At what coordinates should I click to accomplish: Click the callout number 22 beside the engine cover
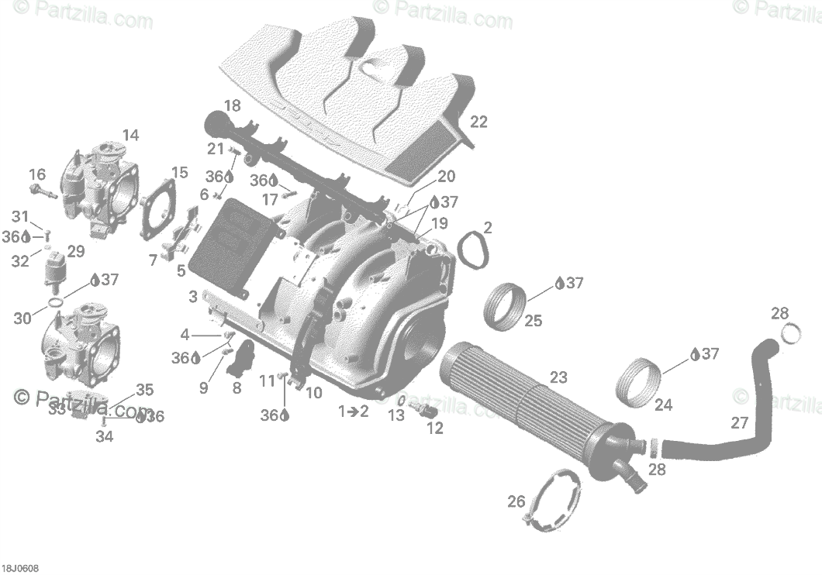tap(479, 122)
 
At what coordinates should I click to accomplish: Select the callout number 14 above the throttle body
tap(130, 136)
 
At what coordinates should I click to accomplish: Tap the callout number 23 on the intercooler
tap(558, 378)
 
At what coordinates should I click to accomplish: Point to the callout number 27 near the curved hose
tap(740, 423)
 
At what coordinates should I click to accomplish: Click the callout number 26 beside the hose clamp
tap(516, 501)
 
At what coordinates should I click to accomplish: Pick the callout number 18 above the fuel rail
tap(232, 105)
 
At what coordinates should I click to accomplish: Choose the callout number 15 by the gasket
tap(179, 173)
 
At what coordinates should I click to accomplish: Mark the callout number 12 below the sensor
tap(435, 428)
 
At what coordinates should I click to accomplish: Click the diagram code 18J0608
tap(19, 568)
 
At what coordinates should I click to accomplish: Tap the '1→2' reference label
tap(354, 411)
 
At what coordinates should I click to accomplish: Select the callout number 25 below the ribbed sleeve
tap(533, 320)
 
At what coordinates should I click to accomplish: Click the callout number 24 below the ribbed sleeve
tap(663, 404)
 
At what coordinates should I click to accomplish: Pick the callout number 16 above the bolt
tap(37, 174)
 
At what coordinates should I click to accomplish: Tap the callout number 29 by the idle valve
tap(76, 251)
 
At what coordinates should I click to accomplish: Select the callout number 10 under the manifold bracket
tap(314, 393)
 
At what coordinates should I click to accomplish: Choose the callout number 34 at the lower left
tap(104, 436)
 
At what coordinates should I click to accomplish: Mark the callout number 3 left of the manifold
tap(192, 296)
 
